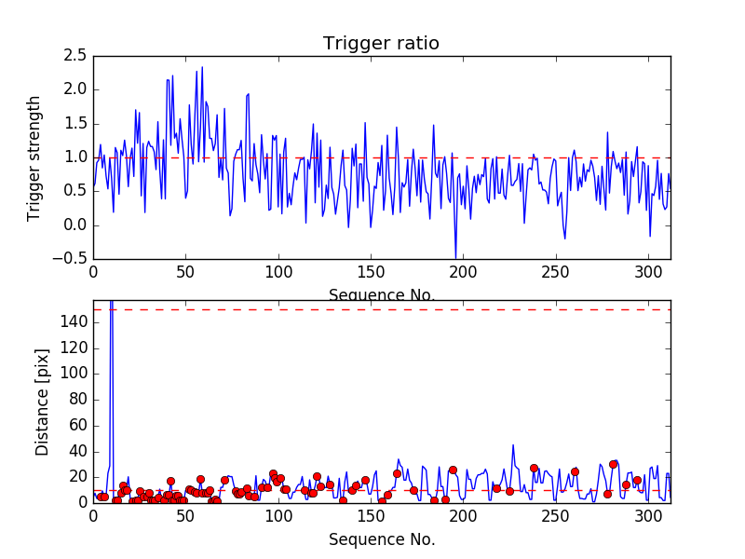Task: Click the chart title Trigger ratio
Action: pos(381,44)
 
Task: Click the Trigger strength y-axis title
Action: pos(34,157)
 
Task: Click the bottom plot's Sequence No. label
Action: pos(382,539)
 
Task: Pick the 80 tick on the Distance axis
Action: pos(74,400)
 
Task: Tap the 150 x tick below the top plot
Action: pos(371,273)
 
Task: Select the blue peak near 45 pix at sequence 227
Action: pos(512,445)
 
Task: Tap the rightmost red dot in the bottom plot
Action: pos(637,481)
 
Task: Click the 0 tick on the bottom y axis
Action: pos(80,502)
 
